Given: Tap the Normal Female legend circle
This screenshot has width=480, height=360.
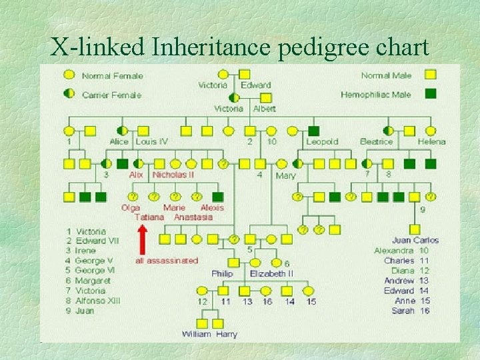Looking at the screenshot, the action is click(69, 75).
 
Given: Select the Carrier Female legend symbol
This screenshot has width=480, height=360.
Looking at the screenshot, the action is click(69, 93).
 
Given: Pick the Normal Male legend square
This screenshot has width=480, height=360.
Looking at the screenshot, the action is click(431, 75).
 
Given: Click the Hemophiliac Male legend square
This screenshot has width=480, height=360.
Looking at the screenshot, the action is click(431, 94).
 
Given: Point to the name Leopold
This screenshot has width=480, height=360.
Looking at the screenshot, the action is click(322, 141).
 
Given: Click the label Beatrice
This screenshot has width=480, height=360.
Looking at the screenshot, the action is click(377, 141).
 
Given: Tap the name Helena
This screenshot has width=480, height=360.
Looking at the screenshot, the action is click(431, 141).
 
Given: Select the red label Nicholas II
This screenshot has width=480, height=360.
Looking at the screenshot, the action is click(173, 175).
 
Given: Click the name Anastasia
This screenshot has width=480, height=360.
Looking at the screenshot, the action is click(193, 217).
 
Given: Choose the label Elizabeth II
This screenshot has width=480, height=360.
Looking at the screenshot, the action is click(271, 273).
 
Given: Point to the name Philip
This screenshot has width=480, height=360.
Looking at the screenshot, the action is click(222, 273).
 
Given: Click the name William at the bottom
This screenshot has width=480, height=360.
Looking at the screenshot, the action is click(196, 334).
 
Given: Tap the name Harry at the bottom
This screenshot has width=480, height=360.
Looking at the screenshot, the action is click(227, 334).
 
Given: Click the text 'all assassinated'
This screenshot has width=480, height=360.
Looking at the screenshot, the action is click(167, 260).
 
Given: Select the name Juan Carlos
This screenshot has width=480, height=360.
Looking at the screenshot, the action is click(415, 240).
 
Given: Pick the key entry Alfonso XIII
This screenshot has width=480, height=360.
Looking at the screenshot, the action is click(97, 301).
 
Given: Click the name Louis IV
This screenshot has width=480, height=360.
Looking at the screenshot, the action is click(151, 141).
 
